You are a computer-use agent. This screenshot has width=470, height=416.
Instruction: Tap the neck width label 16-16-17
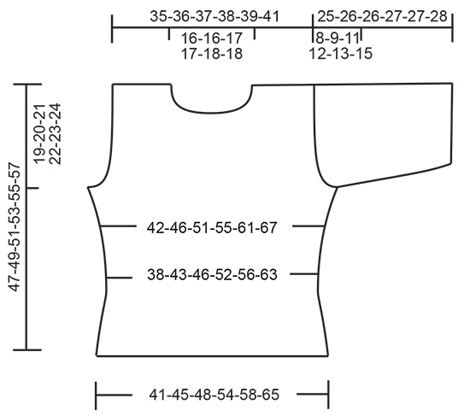click(x=212, y=38)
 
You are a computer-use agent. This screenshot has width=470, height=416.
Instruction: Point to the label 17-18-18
click(x=212, y=53)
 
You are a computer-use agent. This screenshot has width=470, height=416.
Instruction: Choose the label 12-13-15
click(x=340, y=53)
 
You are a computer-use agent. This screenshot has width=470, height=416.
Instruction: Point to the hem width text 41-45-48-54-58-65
click(x=214, y=395)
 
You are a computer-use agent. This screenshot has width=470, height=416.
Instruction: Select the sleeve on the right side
click(x=385, y=128)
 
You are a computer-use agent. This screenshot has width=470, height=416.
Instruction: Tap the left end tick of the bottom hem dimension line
click(x=97, y=395)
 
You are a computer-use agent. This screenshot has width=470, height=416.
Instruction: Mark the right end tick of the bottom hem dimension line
click(x=329, y=395)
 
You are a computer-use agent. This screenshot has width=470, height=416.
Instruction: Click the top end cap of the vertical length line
click(x=26, y=85)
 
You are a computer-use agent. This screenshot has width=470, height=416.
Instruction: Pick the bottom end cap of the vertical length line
click(x=26, y=349)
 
